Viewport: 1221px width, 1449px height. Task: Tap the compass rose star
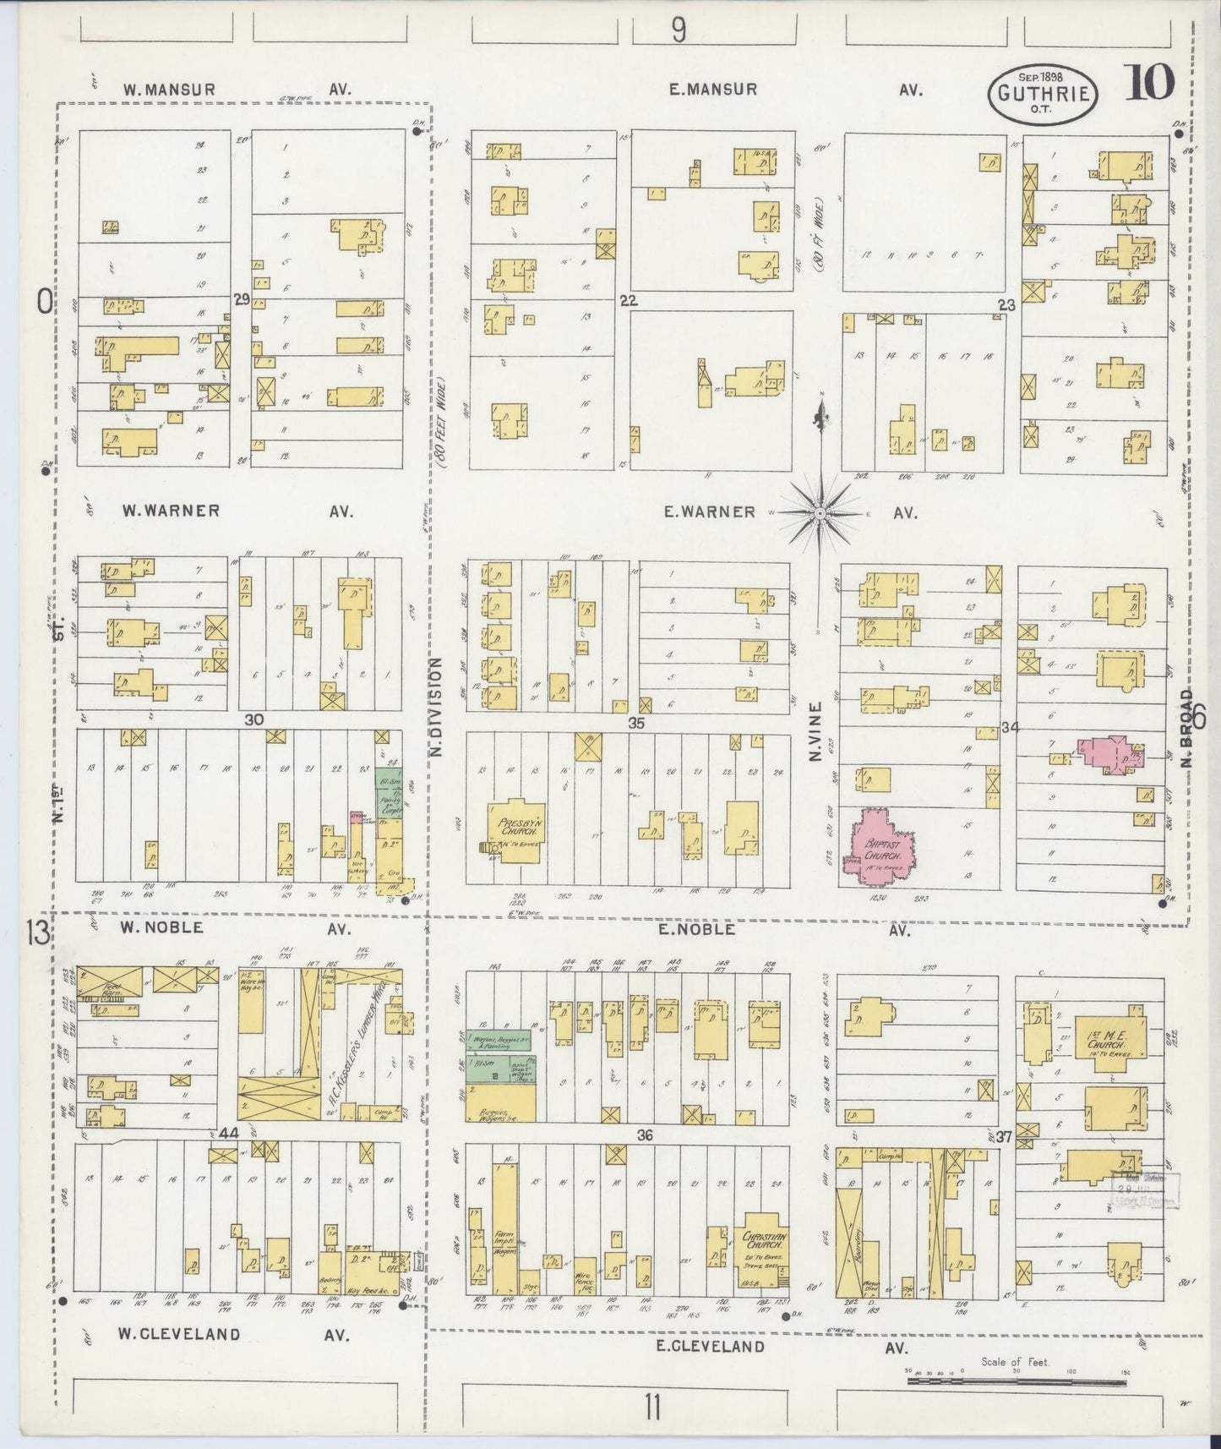tap(819, 512)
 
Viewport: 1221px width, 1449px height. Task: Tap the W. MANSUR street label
tap(168, 89)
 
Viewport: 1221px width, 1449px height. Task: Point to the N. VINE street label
tap(815, 731)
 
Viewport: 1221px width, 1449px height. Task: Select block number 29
tap(242, 299)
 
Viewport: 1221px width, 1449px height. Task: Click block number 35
tap(636, 723)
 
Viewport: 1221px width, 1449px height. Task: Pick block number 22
tap(627, 300)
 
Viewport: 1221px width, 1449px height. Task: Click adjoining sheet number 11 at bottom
tap(651, 1409)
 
